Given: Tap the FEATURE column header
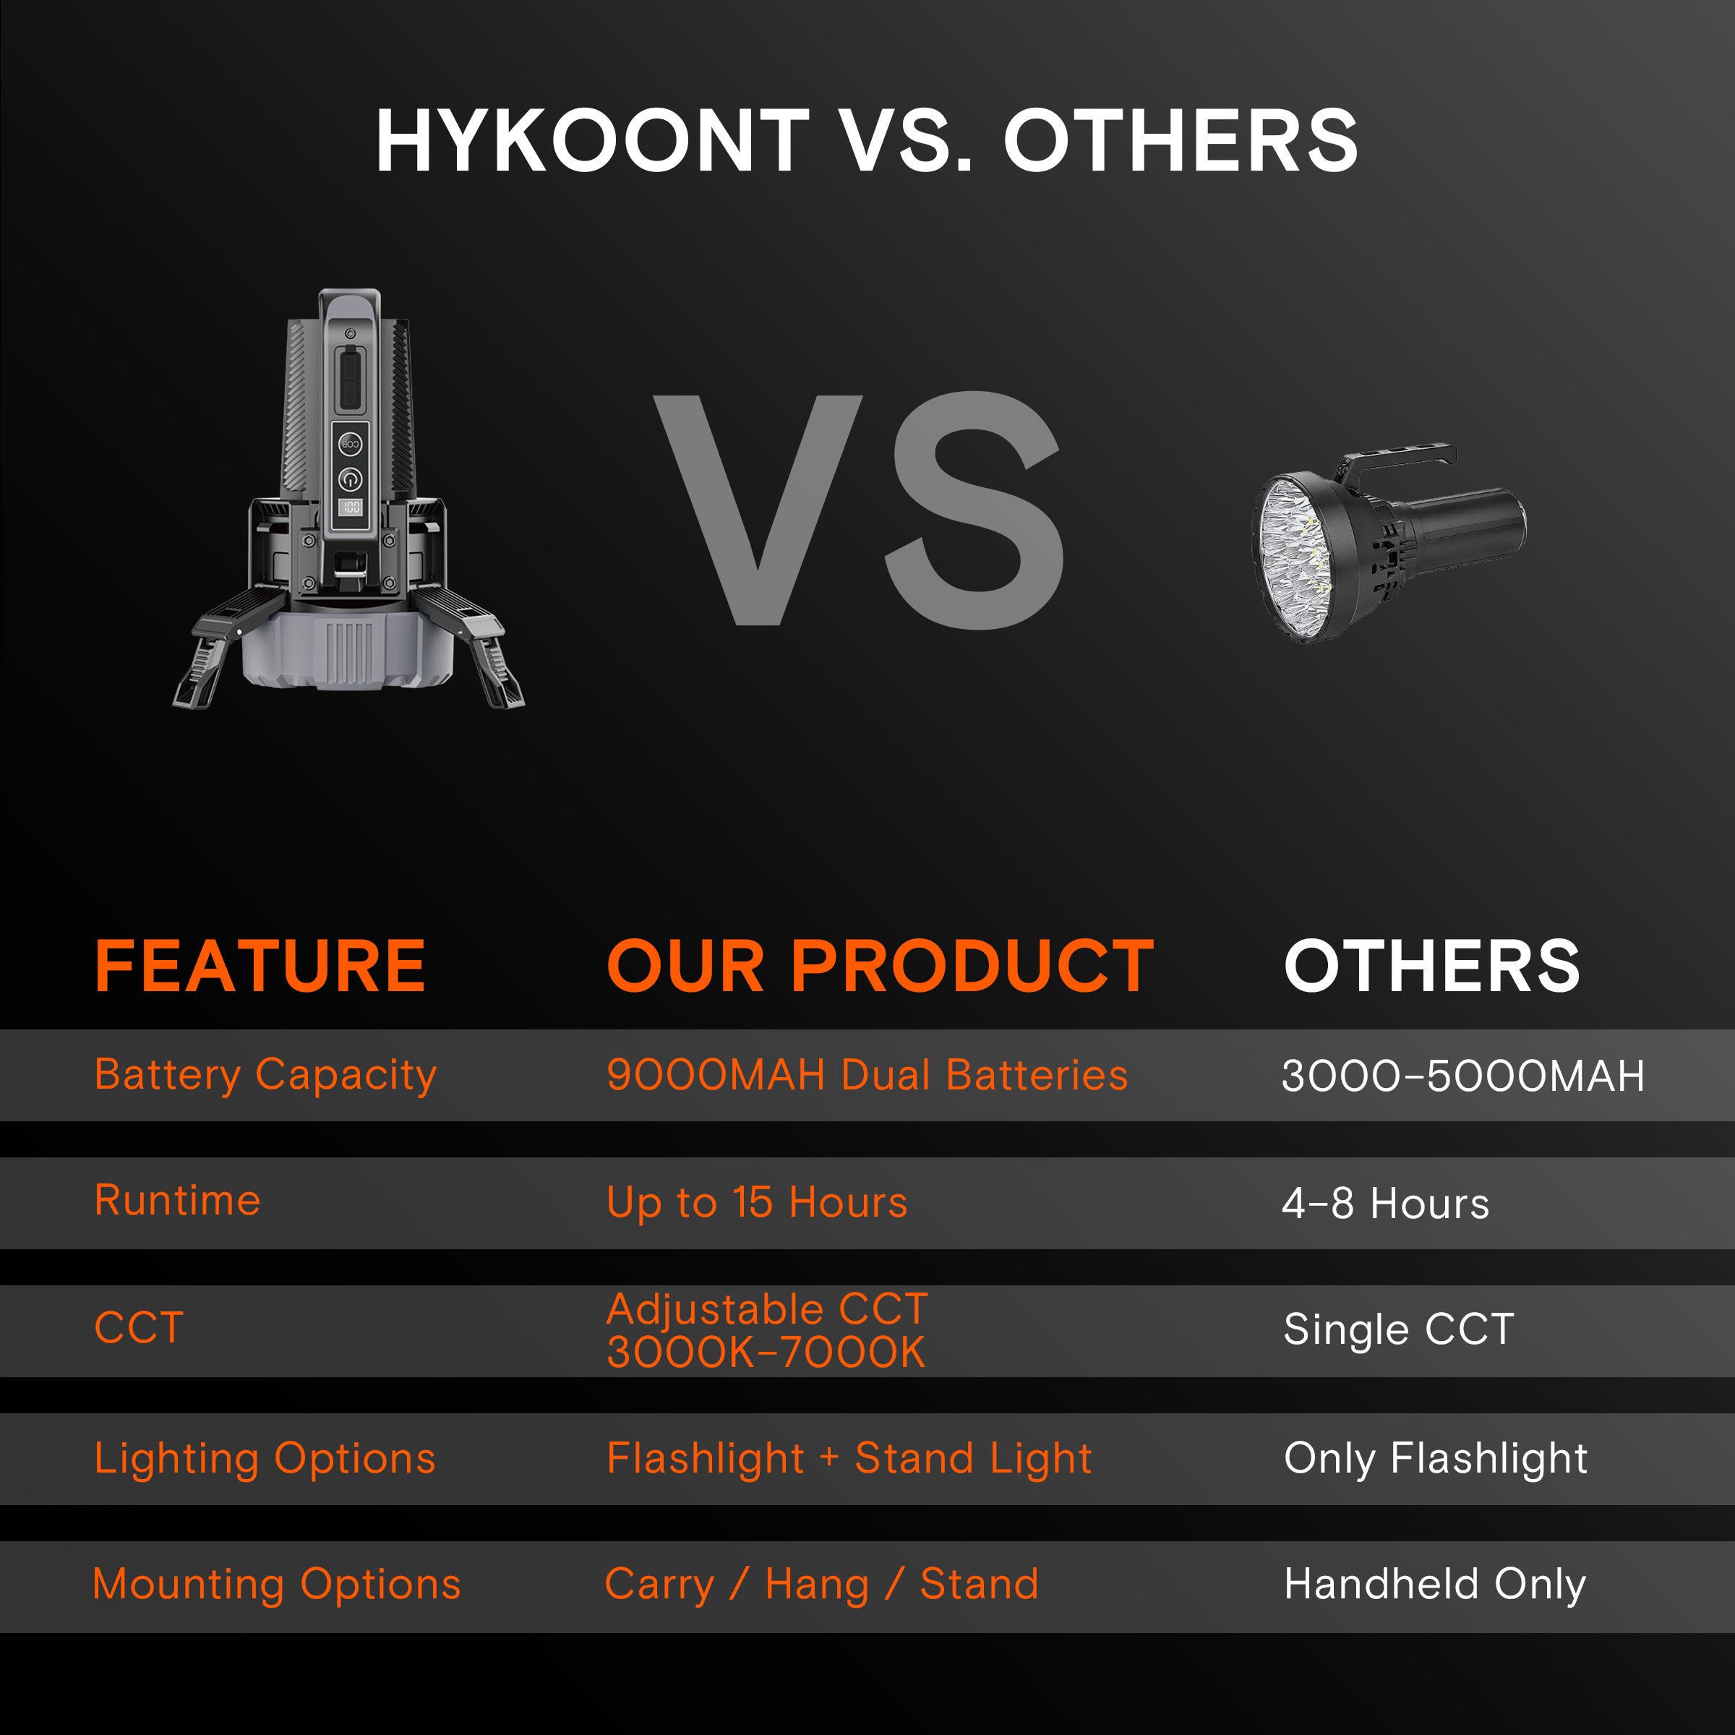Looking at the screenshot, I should coord(260,967).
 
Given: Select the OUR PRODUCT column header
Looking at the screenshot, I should coord(880,967).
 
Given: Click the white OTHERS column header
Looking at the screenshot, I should coord(1431,967).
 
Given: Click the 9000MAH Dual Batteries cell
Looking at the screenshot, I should coord(867,1075).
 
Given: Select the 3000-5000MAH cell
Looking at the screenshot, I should coord(1462,1076).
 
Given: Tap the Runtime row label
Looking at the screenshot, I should coord(178,1201).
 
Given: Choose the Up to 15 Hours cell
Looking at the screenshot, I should coord(757,1202).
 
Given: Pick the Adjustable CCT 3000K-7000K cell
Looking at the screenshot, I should coord(767,1331).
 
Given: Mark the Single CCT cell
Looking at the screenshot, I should coord(1398,1329).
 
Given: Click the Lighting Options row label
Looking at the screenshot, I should coord(265,1458).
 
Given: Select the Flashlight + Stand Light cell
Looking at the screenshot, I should coord(849,1458).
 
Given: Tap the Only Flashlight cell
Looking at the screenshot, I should coord(1435,1458).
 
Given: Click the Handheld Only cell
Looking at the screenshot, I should coord(1434,1584).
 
